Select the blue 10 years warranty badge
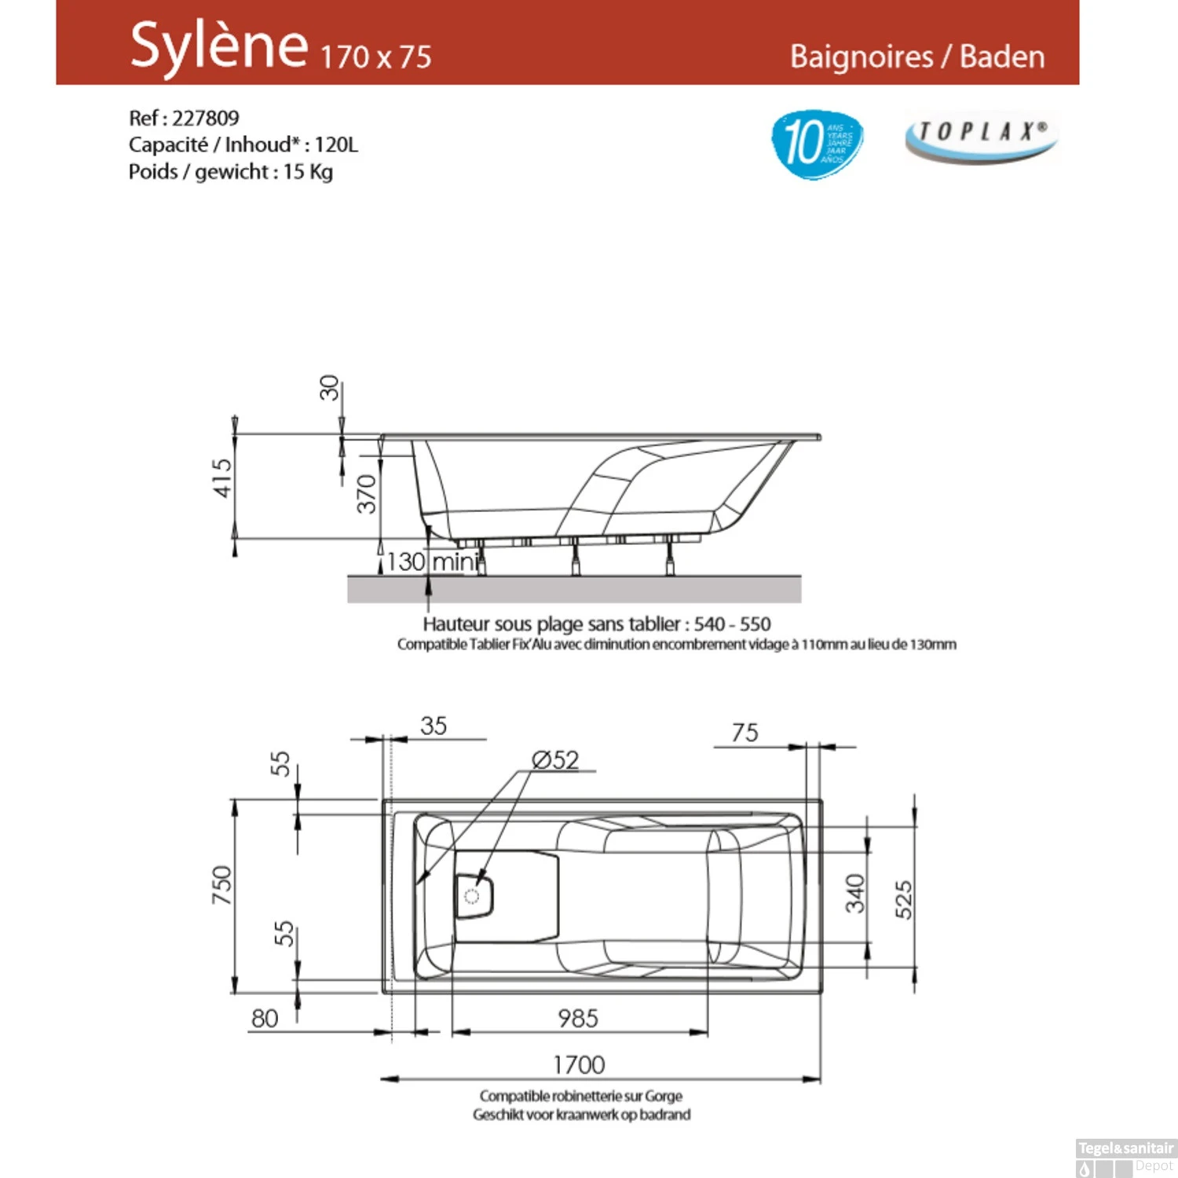coord(817,144)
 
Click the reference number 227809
coord(205,119)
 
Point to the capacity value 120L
coord(336,145)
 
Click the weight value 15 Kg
coord(308,172)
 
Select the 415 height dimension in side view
coord(223,477)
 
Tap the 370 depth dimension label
coord(367,493)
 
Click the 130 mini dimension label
coord(431,562)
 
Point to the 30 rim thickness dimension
coord(330,387)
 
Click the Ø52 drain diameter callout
coord(555,760)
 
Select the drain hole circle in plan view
coord(472,896)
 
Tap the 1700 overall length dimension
coord(579,1065)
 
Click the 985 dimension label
coord(578,1019)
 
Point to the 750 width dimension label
coord(223,884)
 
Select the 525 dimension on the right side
coord(904,899)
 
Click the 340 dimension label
coord(855,894)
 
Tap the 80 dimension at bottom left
coord(265,1019)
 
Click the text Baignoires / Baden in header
coord(916,57)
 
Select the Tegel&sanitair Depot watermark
coord(1125,1157)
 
